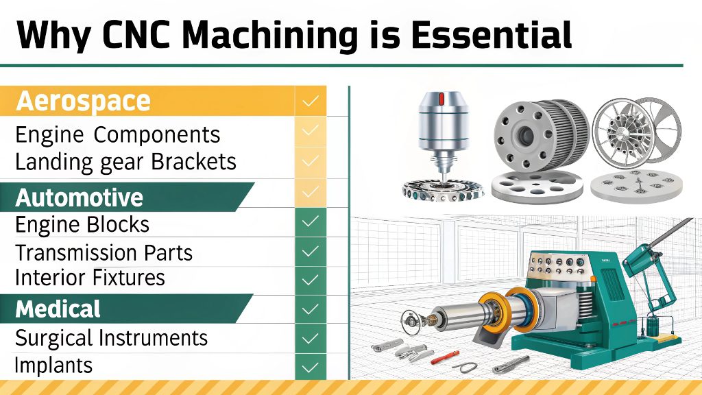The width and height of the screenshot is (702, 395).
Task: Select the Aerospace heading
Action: point(83,101)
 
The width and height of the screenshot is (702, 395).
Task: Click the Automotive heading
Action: point(80,197)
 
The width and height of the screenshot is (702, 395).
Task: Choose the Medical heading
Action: point(58,309)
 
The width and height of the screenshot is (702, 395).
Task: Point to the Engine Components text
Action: point(118,134)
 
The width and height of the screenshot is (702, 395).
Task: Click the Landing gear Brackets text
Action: point(125,162)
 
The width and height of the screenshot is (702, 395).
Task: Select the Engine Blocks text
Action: point(82,224)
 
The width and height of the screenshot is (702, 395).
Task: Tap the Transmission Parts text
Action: point(104,252)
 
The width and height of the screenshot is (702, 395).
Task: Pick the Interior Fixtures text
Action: point(90,278)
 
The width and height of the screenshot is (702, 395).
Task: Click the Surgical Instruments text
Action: point(111,337)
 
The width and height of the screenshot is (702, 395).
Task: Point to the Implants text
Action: point(53,364)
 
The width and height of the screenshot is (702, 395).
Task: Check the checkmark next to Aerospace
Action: point(311,101)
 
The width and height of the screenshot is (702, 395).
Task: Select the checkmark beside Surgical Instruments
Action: point(311,337)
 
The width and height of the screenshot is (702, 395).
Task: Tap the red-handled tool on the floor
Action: point(446,357)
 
